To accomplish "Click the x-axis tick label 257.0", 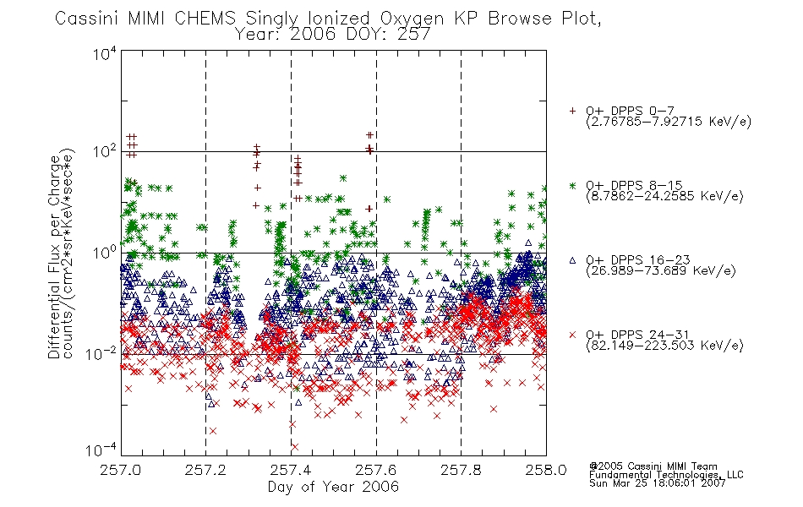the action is [121, 470].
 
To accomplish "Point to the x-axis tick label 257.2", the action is [206, 470].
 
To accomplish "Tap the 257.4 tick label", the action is [291, 470].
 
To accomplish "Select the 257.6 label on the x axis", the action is [376, 470].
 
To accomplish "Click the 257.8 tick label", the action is [461, 470].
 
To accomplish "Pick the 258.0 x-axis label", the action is [546, 470].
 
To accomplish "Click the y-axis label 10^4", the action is [105, 53].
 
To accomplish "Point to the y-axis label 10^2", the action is [105, 152].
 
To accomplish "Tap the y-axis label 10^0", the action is [105, 253].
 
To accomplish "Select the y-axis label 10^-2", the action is [101, 353].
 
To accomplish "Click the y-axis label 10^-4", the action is [101, 450].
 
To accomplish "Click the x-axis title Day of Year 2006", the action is [333, 487].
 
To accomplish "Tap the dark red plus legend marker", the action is [572, 111].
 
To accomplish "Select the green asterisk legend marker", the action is [572, 185].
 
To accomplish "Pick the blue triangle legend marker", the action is [572, 260].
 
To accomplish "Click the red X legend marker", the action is [572, 335].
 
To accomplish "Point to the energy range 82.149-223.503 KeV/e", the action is [664, 346].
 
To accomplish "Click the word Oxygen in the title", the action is [412, 19].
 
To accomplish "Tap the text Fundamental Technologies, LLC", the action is [666, 475].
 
